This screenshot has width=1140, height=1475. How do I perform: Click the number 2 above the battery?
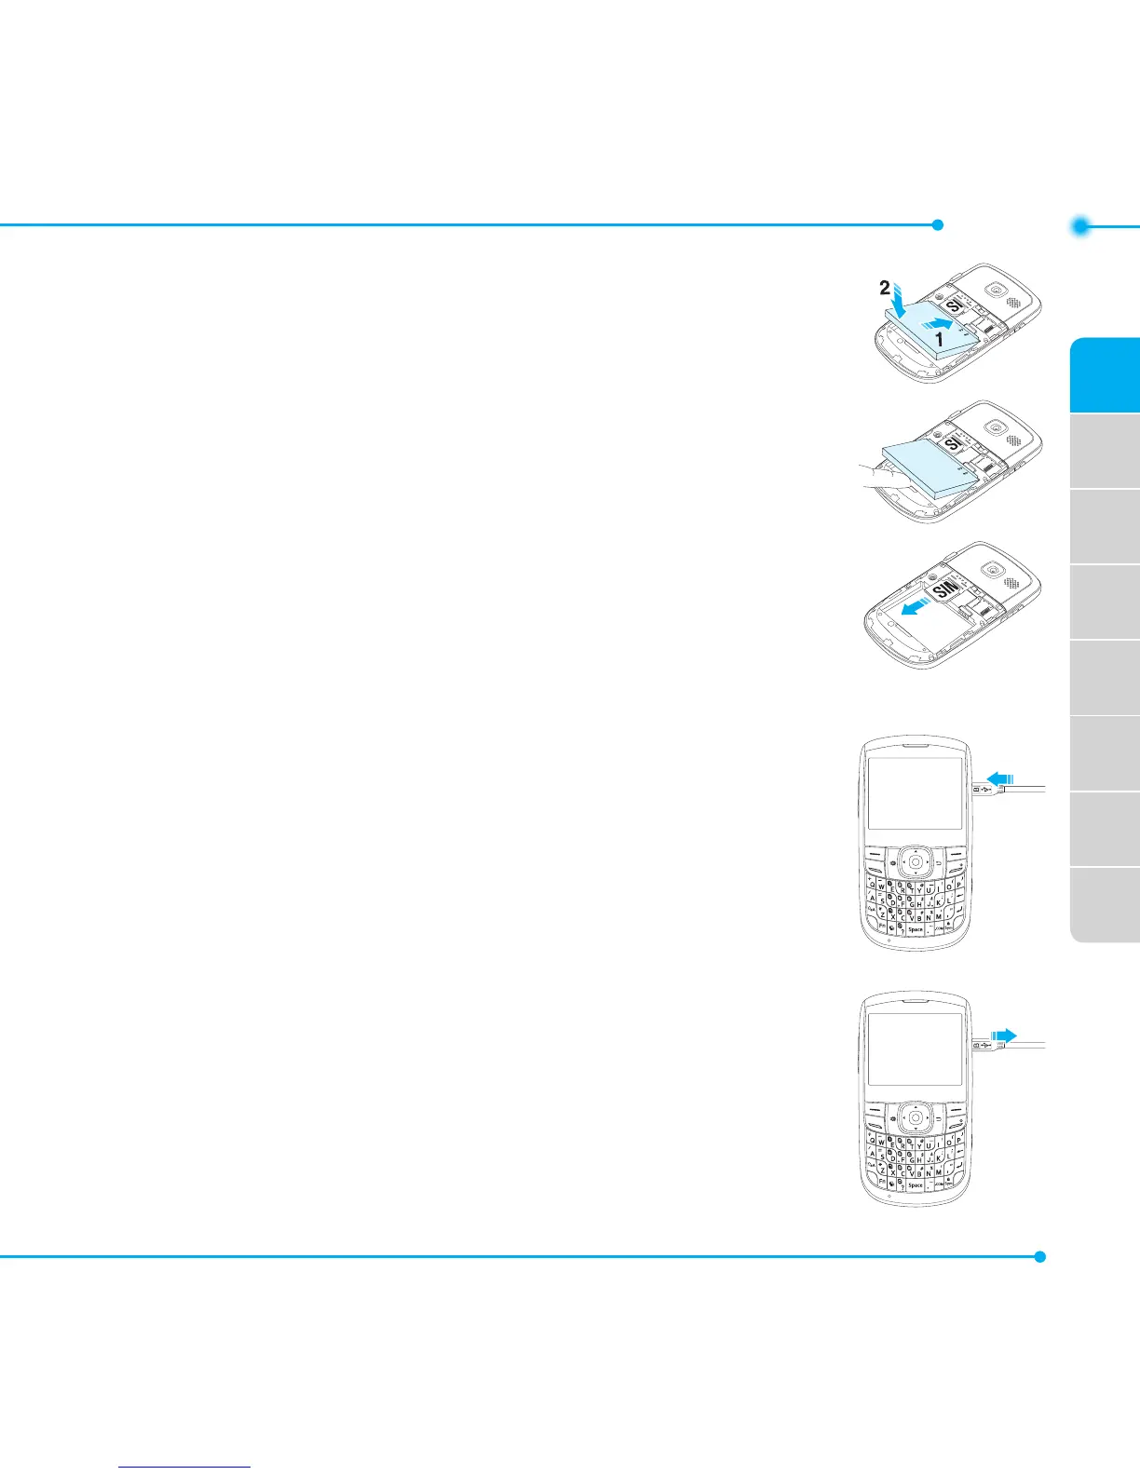click(x=885, y=289)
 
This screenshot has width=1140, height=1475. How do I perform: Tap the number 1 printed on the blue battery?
click(x=939, y=341)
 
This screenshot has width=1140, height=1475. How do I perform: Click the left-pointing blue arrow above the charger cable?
click(x=999, y=778)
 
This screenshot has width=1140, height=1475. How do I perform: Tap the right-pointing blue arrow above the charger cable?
click(x=1003, y=1034)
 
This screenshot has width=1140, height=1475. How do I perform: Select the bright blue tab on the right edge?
click(x=1106, y=374)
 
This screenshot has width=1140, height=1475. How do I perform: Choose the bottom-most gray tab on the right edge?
click(x=1106, y=905)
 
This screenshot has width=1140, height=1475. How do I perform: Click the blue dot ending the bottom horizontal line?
click(x=1040, y=1256)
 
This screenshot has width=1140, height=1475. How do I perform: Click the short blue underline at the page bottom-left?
click(x=185, y=1468)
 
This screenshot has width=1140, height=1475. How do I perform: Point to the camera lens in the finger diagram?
click(x=997, y=427)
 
